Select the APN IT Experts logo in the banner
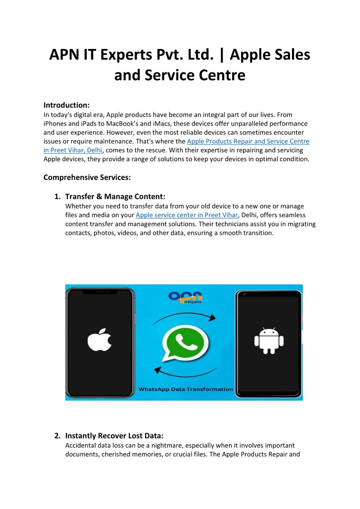coord(185,297)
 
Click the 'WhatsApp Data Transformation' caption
coord(185,389)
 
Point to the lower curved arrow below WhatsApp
coord(184,371)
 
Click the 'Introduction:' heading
coord(66,105)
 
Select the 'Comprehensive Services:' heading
coord(87,177)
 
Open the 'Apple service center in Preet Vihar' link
coord(187,215)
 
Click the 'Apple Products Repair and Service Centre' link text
coord(248,141)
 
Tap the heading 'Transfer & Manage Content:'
coord(115,197)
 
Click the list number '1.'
coord(58,197)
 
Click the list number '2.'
coord(58,436)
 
